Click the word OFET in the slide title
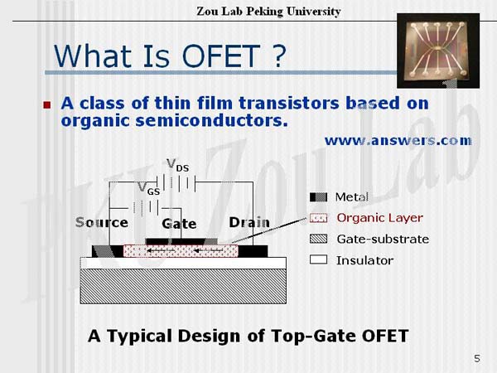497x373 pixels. [x=221, y=56]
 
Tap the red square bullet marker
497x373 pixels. [x=47, y=105]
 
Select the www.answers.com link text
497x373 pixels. [x=398, y=141]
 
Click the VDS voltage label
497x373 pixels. [x=178, y=165]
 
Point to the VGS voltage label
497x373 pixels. [x=149, y=188]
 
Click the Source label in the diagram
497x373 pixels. [x=102, y=222]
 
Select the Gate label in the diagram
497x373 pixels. [x=179, y=224]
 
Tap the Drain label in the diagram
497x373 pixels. [x=249, y=222]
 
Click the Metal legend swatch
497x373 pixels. [x=318, y=197]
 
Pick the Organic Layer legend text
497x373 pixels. [x=379, y=218]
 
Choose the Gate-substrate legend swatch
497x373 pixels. [x=318, y=239]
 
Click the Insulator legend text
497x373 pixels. [x=364, y=260]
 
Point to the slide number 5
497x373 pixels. [x=477, y=358]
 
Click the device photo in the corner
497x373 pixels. [x=438, y=51]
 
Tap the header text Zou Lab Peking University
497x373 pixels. [x=268, y=12]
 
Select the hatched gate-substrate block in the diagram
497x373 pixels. [x=183, y=287]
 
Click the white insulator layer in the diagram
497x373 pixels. [x=183, y=263]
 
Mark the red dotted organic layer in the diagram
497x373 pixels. [x=181, y=251]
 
